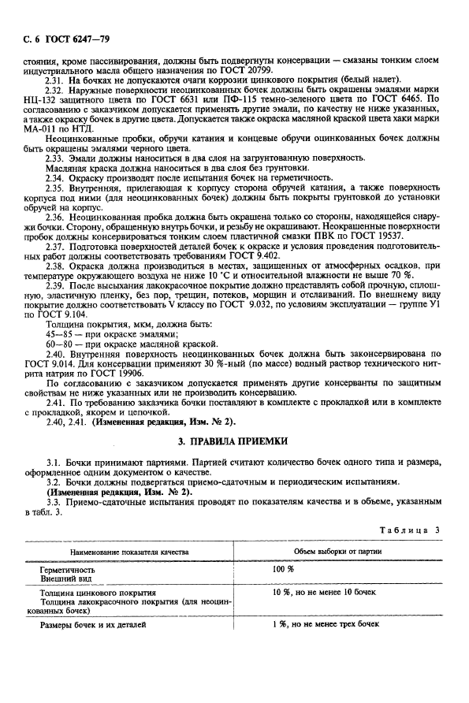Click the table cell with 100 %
coord(283,568)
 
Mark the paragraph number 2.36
coord(55,216)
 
